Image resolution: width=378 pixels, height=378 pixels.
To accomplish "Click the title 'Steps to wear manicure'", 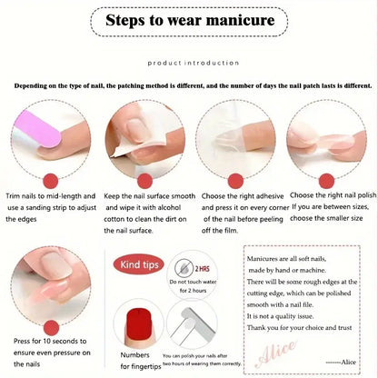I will (x=188, y=19).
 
